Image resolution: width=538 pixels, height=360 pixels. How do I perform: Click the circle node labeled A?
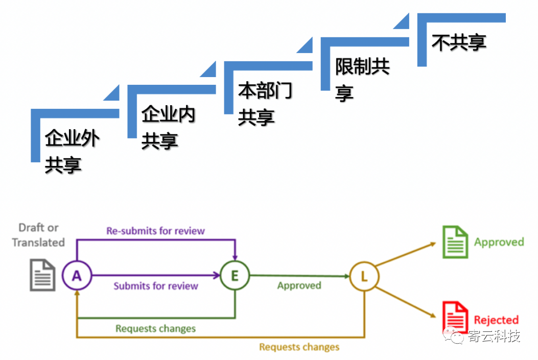[77, 276]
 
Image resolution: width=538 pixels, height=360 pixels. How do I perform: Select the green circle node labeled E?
[235, 276]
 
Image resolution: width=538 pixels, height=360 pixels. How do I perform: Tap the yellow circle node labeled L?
[364, 277]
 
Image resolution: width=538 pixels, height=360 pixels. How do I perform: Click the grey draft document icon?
[43, 275]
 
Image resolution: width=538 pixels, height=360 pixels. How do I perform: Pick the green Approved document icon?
[455, 242]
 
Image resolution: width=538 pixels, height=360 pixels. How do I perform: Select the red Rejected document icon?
[455, 317]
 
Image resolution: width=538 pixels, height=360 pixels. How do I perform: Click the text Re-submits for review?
[155, 231]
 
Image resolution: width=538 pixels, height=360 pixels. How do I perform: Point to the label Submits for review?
[155, 286]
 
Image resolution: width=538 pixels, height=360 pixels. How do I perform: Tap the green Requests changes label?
[155, 328]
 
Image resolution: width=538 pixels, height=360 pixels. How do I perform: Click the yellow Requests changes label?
[299, 347]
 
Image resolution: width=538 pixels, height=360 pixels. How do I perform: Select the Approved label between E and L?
[299, 285]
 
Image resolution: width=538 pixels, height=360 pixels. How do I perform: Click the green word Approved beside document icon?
[499, 242]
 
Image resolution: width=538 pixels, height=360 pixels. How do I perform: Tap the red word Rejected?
[496, 320]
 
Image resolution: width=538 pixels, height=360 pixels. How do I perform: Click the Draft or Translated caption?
[38, 235]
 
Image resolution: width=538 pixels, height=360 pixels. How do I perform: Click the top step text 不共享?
[458, 42]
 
